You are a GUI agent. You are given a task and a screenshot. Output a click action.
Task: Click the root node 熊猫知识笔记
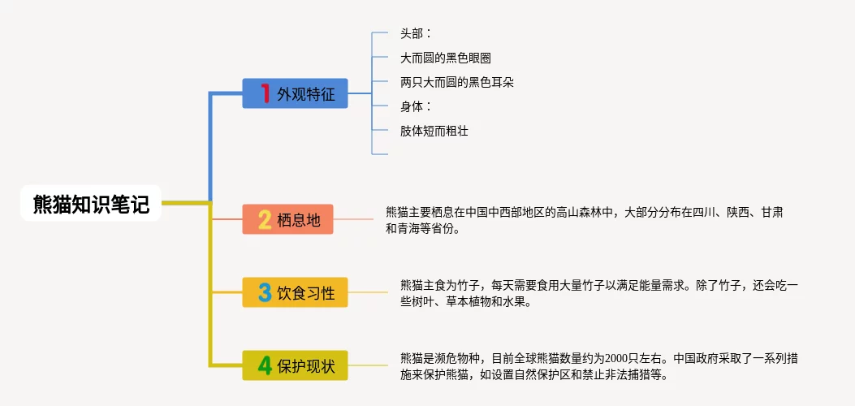(x=91, y=204)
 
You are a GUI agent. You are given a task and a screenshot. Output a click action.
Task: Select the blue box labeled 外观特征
(x=295, y=93)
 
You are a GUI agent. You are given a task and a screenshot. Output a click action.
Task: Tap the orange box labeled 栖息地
(x=287, y=219)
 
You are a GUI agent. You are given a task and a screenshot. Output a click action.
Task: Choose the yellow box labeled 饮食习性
(x=295, y=292)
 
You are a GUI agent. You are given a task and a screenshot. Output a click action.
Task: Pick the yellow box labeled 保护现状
(x=295, y=365)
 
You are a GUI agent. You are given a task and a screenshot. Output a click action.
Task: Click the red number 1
(x=265, y=93)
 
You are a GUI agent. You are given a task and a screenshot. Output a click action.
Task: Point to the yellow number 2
(x=265, y=219)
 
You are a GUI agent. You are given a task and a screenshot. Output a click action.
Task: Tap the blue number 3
(x=265, y=292)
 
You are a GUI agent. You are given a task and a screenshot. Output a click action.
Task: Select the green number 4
(x=265, y=365)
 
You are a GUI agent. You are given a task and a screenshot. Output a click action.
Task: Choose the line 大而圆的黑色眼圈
(x=445, y=58)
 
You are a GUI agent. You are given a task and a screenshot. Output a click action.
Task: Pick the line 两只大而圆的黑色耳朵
(x=456, y=82)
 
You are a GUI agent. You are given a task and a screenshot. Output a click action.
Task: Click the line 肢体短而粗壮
(x=434, y=130)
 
